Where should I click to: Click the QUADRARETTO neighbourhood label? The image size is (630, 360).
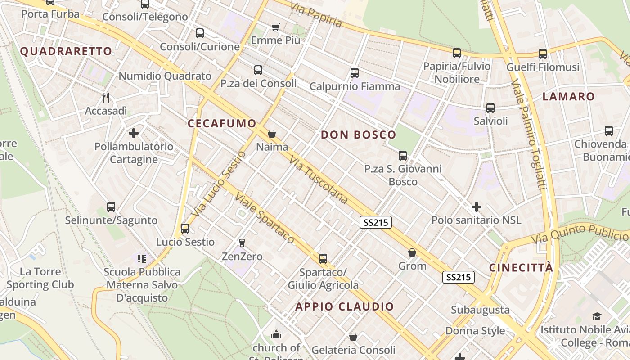click(x=66, y=51)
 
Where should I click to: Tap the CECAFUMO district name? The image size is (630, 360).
click(x=222, y=123)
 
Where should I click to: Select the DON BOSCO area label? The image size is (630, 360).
click(x=358, y=135)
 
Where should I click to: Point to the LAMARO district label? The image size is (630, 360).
click(x=568, y=96)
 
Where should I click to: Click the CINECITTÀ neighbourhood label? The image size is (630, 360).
click(x=521, y=268)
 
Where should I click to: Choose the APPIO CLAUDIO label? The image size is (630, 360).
click(x=344, y=307)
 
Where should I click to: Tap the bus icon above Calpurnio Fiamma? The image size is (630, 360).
click(x=355, y=72)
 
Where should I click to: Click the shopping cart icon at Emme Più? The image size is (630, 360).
click(x=276, y=27)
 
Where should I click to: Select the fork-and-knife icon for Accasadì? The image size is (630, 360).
click(x=106, y=97)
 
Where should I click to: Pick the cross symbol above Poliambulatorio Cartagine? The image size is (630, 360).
click(x=134, y=133)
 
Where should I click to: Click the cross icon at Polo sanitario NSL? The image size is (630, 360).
click(x=476, y=207)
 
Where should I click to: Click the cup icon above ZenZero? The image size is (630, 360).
click(x=242, y=243)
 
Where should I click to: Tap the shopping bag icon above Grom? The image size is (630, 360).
click(x=412, y=253)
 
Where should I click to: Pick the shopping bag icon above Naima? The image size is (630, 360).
click(x=271, y=134)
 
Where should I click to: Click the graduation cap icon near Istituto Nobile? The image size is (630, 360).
click(x=597, y=316)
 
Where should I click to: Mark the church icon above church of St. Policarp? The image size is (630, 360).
click(x=276, y=334)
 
